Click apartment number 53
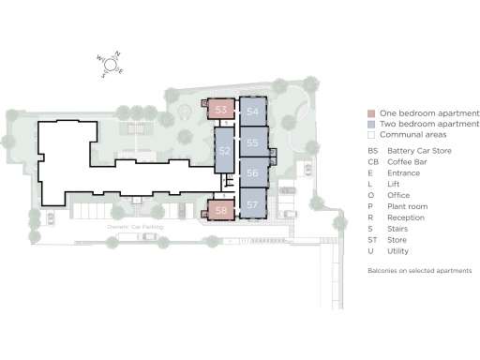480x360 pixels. [221, 110]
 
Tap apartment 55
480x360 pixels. [253, 142]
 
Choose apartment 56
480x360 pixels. [253, 173]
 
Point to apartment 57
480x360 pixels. [253, 203]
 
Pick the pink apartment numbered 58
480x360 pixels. [221, 211]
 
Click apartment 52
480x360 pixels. [224, 151]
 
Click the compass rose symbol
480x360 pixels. [111, 64]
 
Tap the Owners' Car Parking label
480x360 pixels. [129, 228]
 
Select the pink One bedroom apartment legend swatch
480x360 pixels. [371, 112]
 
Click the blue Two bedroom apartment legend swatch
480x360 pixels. [371, 124]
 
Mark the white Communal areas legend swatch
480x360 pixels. [371, 135]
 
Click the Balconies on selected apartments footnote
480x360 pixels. [418, 270]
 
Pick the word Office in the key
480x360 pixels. [400, 195]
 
